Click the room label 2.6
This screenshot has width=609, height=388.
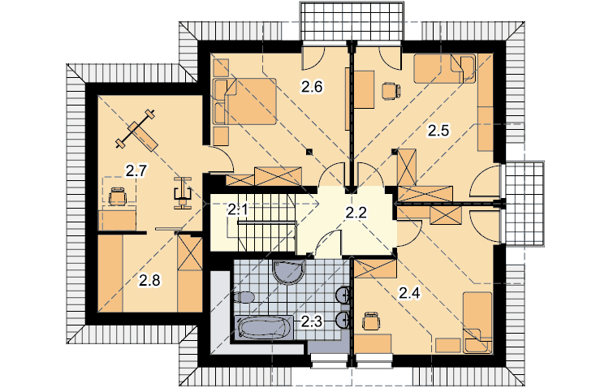tap(312, 87)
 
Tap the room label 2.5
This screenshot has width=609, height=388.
tap(438, 131)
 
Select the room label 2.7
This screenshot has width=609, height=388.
tap(135, 170)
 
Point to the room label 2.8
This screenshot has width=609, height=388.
tap(150, 280)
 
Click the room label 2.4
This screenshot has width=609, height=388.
tap(410, 294)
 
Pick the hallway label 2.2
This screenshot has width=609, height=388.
tap(356, 213)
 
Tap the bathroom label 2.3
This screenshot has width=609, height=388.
tap(312, 321)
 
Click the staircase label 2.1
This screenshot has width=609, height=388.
tap(237, 210)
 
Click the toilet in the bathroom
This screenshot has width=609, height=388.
tap(244, 298)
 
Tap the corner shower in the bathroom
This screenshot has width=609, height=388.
tap(289, 272)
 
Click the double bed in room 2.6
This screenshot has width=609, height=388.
tap(244, 101)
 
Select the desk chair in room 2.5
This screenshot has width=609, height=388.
tap(391, 91)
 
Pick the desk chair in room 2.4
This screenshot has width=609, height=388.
tap(371, 321)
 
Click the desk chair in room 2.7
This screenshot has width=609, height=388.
tap(118, 196)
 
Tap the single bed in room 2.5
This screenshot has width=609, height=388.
tap(445, 69)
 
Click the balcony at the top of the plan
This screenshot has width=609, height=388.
tap(352, 21)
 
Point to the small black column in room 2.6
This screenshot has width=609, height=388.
tap(309, 152)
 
